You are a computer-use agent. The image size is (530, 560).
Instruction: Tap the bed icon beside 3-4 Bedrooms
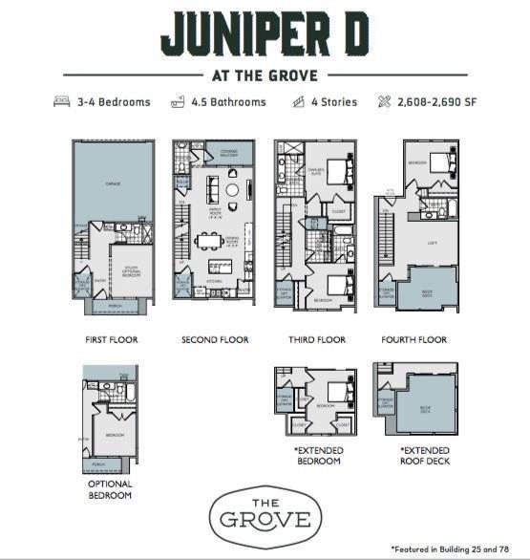pos(62,101)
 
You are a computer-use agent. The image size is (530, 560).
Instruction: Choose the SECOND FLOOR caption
pos(215,339)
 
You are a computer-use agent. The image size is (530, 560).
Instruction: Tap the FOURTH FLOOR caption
pos(413,339)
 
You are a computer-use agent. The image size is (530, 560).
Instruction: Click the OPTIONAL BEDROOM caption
pos(109,490)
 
